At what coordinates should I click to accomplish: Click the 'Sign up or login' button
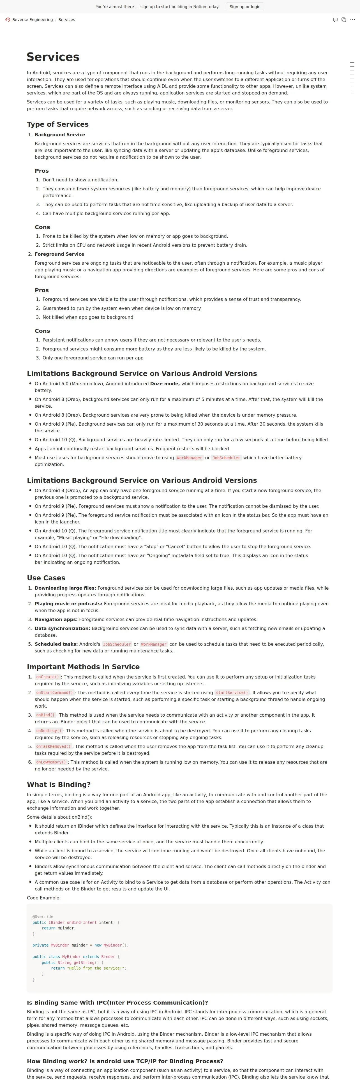click(x=245, y=7)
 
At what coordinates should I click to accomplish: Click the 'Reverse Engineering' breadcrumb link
click(x=32, y=20)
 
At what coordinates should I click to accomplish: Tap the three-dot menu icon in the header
click(x=352, y=20)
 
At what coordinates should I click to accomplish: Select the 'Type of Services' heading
click(x=57, y=124)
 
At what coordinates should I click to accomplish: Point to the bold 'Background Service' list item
click(x=60, y=135)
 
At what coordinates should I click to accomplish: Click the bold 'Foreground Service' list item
click(x=59, y=254)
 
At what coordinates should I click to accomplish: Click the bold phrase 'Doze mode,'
click(x=165, y=384)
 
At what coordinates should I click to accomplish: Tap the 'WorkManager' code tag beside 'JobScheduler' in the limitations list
click(x=190, y=458)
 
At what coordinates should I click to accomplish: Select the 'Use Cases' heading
click(x=46, y=578)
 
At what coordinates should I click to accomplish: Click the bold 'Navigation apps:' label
click(x=56, y=619)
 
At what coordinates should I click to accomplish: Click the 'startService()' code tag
click(x=232, y=693)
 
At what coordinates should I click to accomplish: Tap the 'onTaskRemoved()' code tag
click(x=53, y=746)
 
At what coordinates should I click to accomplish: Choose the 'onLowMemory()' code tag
click(x=51, y=762)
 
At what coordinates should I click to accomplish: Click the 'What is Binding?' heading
click(x=59, y=784)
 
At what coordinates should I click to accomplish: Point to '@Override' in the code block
click(x=43, y=917)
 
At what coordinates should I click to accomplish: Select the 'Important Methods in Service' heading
click(x=83, y=667)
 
